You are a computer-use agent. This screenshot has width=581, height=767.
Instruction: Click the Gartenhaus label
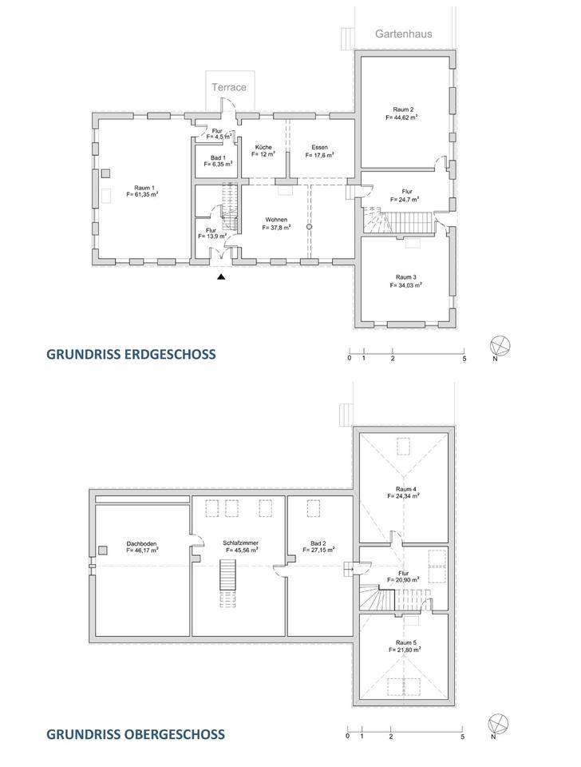point(403,34)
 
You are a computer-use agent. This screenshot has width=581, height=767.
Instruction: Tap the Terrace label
point(229,87)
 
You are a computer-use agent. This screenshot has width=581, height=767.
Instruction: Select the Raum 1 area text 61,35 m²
point(142,194)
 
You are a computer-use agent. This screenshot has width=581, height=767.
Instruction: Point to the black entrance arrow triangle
point(221,277)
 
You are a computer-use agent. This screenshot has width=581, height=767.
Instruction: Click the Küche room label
point(263,147)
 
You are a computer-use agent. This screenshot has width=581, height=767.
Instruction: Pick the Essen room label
point(319,147)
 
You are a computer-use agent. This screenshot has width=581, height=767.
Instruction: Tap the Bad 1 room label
point(218,158)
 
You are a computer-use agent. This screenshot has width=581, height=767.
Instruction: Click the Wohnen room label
point(277,220)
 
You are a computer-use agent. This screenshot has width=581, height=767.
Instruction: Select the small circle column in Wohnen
point(309,227)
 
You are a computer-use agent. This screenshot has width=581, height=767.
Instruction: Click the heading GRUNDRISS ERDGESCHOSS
point(131,354)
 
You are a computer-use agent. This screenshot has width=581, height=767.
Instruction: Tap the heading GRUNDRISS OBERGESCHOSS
point(136,734)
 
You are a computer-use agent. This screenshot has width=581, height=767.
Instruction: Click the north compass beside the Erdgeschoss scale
point(500,346)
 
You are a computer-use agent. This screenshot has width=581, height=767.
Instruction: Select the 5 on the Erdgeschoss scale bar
point(464,359)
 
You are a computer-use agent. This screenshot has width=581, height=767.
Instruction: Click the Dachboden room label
point(142,543)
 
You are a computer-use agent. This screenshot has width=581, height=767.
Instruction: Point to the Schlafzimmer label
point(240,543)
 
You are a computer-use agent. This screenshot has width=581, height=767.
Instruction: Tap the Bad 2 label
point(318,543)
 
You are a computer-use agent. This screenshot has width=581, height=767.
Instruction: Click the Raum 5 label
point(406,642)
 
